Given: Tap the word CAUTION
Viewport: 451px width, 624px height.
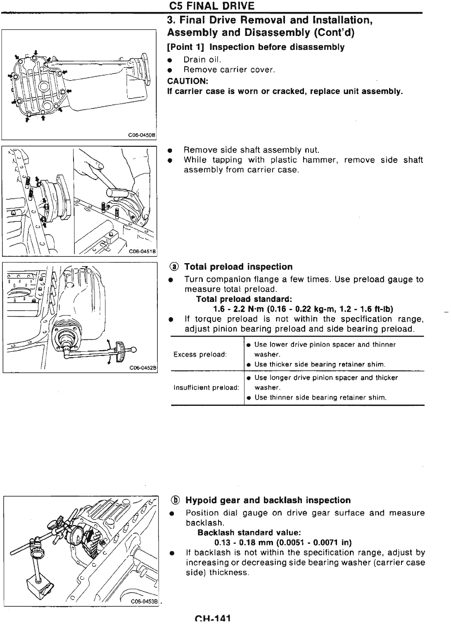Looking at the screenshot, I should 184,80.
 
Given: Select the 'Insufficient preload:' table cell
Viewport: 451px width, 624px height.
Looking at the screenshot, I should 206,388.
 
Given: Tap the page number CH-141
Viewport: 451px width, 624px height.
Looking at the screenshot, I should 212,619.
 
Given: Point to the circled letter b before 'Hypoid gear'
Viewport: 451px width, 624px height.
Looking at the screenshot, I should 176,500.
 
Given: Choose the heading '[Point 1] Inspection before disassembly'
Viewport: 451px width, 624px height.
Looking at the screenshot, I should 255,47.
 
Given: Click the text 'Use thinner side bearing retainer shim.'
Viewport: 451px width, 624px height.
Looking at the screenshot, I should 320,398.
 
